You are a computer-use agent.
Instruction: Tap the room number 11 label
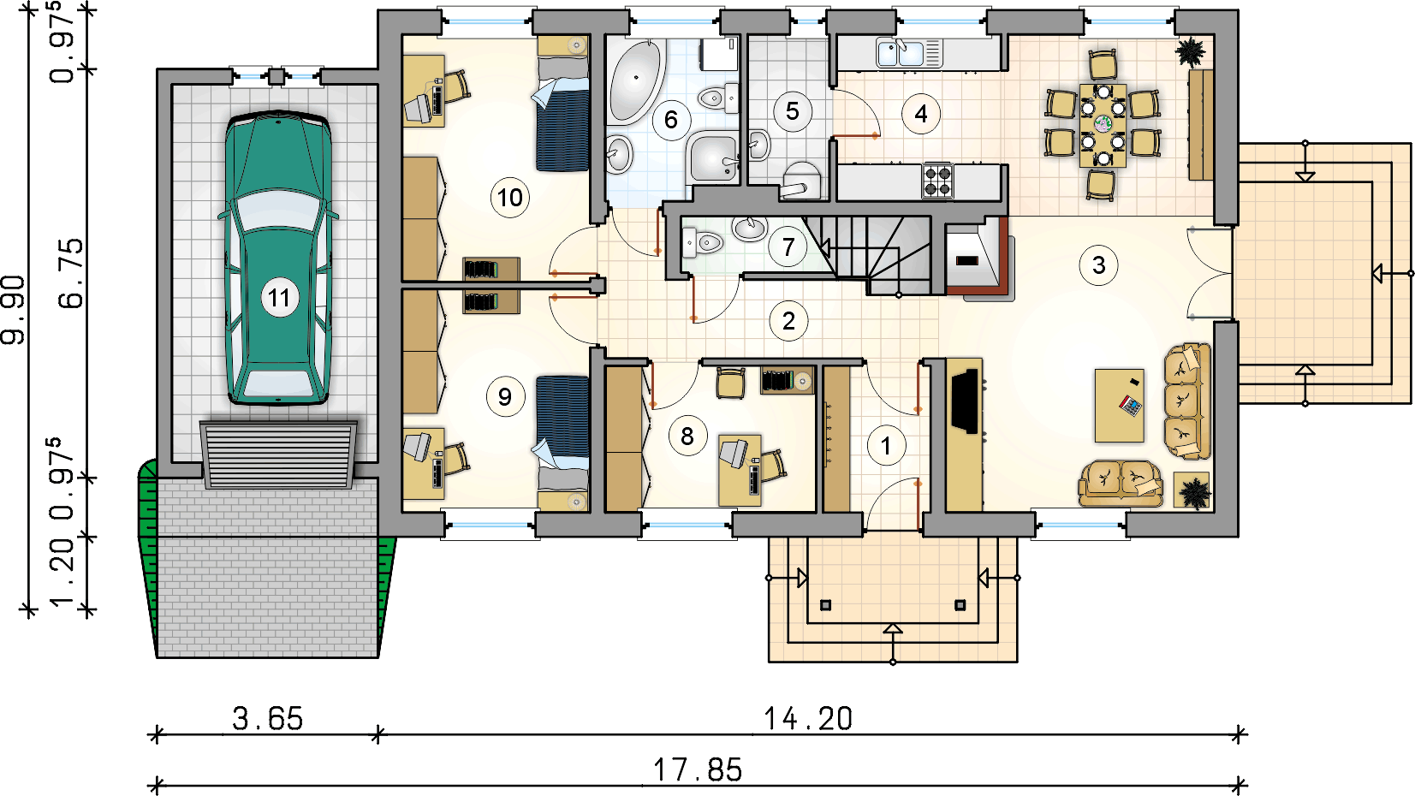tap(278, 298)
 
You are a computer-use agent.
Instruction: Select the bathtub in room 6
tap(635, 80)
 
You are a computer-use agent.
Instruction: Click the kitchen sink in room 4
tap(909, 53)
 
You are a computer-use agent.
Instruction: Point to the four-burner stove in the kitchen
tap(937, 181)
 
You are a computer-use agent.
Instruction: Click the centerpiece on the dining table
tap(1103, 123)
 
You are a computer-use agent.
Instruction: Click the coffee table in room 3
tap(1119, 405)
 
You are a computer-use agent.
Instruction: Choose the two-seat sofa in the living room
tap(1121, 484)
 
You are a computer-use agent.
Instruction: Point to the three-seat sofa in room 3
tap(1187, 401)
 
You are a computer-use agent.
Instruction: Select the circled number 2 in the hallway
tap(788, 322)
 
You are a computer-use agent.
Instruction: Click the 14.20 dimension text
tap(808, 719)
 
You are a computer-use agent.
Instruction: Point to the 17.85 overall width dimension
tap(698, 770)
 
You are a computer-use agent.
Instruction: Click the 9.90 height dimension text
tap(14, 310)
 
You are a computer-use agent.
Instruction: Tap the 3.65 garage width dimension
tap(267, 719)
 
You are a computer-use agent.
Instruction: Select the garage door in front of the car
tap(278, 454)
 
